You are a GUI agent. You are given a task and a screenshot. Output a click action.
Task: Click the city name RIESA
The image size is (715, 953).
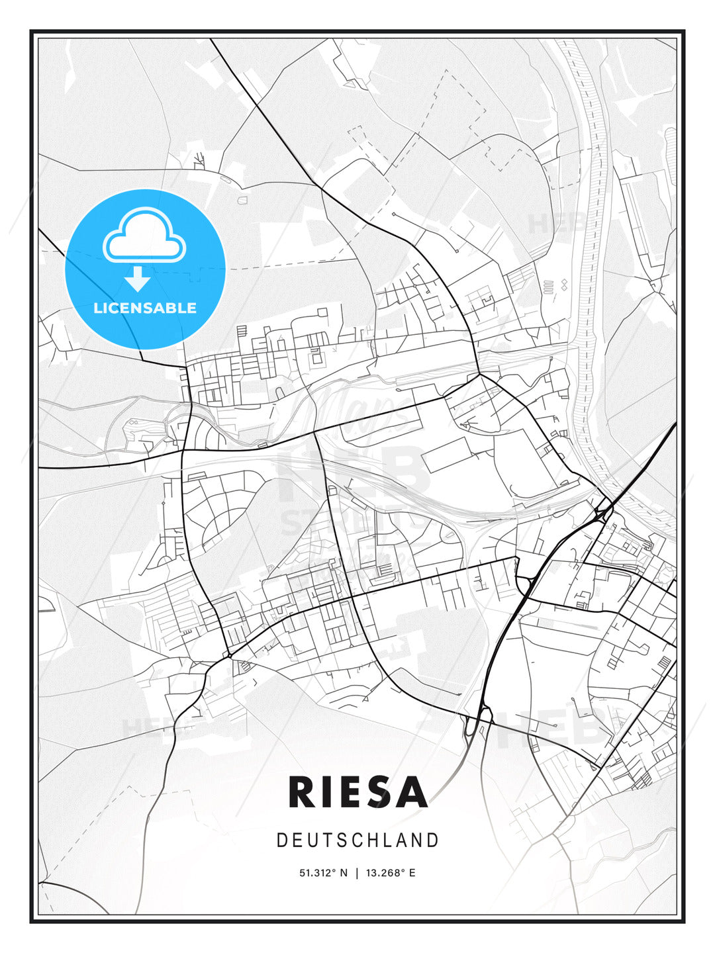point(358,792)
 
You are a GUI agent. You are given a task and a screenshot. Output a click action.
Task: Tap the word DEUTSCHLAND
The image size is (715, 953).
point(358,840)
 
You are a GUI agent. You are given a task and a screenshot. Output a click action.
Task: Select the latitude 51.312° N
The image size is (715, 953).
point(323,873)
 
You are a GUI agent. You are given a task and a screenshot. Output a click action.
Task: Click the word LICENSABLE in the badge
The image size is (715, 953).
point(145,308)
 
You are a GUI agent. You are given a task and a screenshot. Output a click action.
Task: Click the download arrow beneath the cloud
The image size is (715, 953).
point(138,279)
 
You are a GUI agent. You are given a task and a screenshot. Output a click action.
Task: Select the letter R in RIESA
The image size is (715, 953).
point(302,792)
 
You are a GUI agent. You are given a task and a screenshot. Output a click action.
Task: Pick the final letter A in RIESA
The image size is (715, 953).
point(410,792)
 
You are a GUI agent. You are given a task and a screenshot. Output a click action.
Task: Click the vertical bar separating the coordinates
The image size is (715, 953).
point(358,873)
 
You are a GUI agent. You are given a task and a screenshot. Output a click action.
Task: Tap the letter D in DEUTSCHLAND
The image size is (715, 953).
point(281,840)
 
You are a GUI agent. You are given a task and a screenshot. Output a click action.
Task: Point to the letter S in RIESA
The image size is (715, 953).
point(375,792)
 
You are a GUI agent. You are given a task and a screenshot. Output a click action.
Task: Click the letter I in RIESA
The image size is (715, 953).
point(326,792)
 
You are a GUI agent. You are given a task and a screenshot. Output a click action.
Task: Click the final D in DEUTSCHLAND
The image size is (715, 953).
point(434,840)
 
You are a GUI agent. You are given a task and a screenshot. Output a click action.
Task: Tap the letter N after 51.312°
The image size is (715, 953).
point(344,873)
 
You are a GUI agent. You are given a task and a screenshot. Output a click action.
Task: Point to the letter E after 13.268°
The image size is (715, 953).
point(412,873)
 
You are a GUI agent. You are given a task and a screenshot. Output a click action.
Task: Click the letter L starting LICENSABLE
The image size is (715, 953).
point(97,308)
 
